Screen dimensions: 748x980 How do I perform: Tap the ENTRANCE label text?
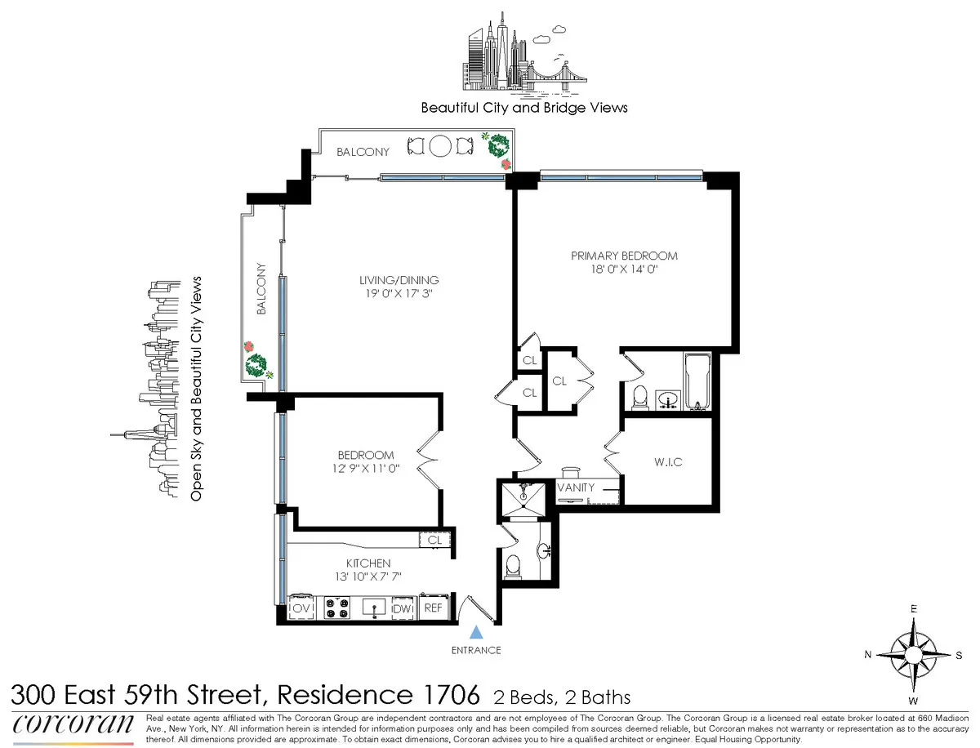click(x=476, y=650)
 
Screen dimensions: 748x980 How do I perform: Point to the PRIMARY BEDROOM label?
click(x=624, y=256)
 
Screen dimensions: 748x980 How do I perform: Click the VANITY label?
click(x=576, y=488)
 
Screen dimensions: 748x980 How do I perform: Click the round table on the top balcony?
click(x=439, y=146)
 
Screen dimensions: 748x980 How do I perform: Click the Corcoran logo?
click(x=73, y=724)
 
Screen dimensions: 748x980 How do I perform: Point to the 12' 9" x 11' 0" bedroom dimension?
click(x=366, y=469)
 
